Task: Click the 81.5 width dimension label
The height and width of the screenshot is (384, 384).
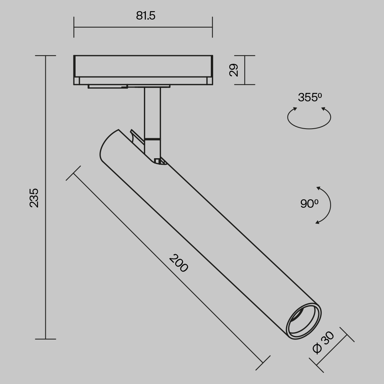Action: pyautogui.click(x=146, y=16)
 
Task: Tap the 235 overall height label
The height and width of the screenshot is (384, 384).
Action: pyautogui.click(x=34, y=197)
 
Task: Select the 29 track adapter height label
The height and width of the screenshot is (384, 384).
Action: pyautogui.click(x=234, y=70)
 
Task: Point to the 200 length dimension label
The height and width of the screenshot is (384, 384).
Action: pyautogui.click(x=179, y=263)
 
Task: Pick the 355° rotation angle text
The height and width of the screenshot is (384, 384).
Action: pyautogui.click(x=310, y=98)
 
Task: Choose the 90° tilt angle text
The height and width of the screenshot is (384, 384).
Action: pyautogui.click(x=309, y=204)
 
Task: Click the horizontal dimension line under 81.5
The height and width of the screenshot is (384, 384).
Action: pyautogui.click(x=143, y=27)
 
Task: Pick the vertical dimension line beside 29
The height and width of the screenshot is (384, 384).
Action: pyautogui.click(x=245, y=70)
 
